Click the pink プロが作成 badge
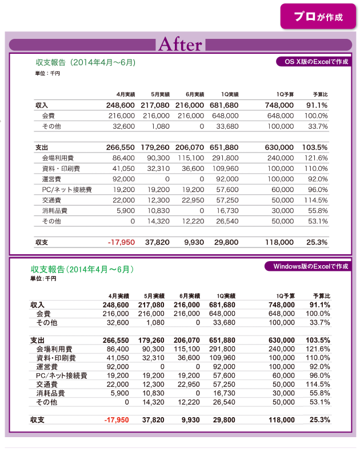pyautogui.click(x=318, y=17)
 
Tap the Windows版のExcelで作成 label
pyautogui.click(x=306, y=266)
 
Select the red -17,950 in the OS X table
pyautogui.click(x=121, y=242)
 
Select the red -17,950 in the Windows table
pyautogui.click(x=117, y=420)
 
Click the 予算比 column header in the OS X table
pyautogui.click(x=319, y=94)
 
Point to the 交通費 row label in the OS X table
pyautogui.click(x=52, y=200)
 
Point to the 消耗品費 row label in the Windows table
pyautogui.click(x=50, y=394)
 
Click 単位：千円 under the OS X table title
pyautogui.click(x=47, y=74)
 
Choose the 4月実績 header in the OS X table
pyautogui.click(x=125, y=94)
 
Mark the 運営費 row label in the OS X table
pyautogui.click(x=52, y=179)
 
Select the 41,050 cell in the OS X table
pyautogui.click(x=123, y=169)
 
